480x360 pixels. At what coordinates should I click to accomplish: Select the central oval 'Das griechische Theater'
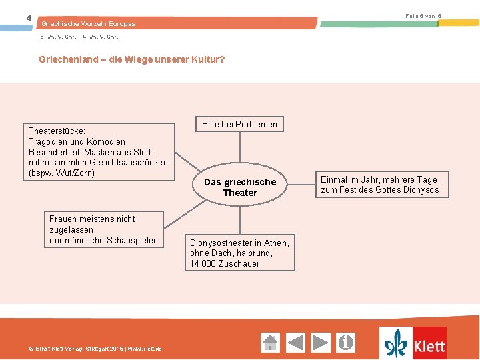pyautogui.click(x=240, y=187)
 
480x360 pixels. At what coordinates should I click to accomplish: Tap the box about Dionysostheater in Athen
pyautogui.click(x=239, y=253)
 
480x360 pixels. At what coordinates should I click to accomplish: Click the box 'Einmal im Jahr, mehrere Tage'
pyautogui.click(x=380, y=185)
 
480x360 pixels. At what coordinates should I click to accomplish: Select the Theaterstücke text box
pyautogui.click(x=98, y=152)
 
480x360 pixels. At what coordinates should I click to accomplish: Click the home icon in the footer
pyautogui.click(x=270, y=343)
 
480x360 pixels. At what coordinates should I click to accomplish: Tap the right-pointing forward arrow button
pyautogui.click(x=321, y=343)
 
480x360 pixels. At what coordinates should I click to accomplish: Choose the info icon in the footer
pyautogui.click(x=346, y=343)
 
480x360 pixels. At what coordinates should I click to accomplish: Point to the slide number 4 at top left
pyautogui.click(x=29, y=17)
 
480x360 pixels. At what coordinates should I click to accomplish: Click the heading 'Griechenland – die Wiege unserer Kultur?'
pyautogui.click(x=132, y=59)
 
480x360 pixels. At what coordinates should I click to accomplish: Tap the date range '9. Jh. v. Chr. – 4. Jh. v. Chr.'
pyautogui.click(x=79, y=37)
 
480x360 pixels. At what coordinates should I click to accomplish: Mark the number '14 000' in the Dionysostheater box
pyautogui.click(x=203, y=263)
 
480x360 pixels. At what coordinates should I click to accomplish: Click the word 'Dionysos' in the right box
pyautogui.click(x=420, y=190)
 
